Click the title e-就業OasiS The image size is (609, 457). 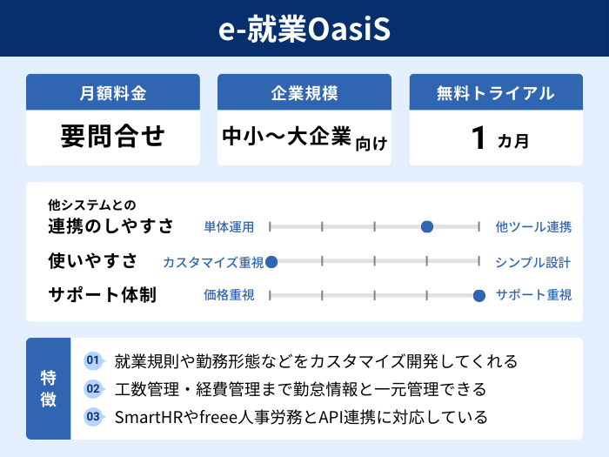(304, 28)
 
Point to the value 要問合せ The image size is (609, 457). (113, 137)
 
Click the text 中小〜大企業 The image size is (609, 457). (286, 137)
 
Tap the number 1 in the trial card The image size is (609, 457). (477, 138)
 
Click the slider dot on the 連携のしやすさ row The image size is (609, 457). (427, 227)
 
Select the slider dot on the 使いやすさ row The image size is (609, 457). (271, 261)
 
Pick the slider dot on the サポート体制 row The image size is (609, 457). (478, 295)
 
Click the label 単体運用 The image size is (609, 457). (229, 227)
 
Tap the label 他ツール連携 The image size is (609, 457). (533, 227)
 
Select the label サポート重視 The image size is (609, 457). (533, 295)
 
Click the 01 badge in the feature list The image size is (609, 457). (93, 360)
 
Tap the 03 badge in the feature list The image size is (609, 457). (93, 416)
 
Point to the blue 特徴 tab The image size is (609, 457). (49, 388)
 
